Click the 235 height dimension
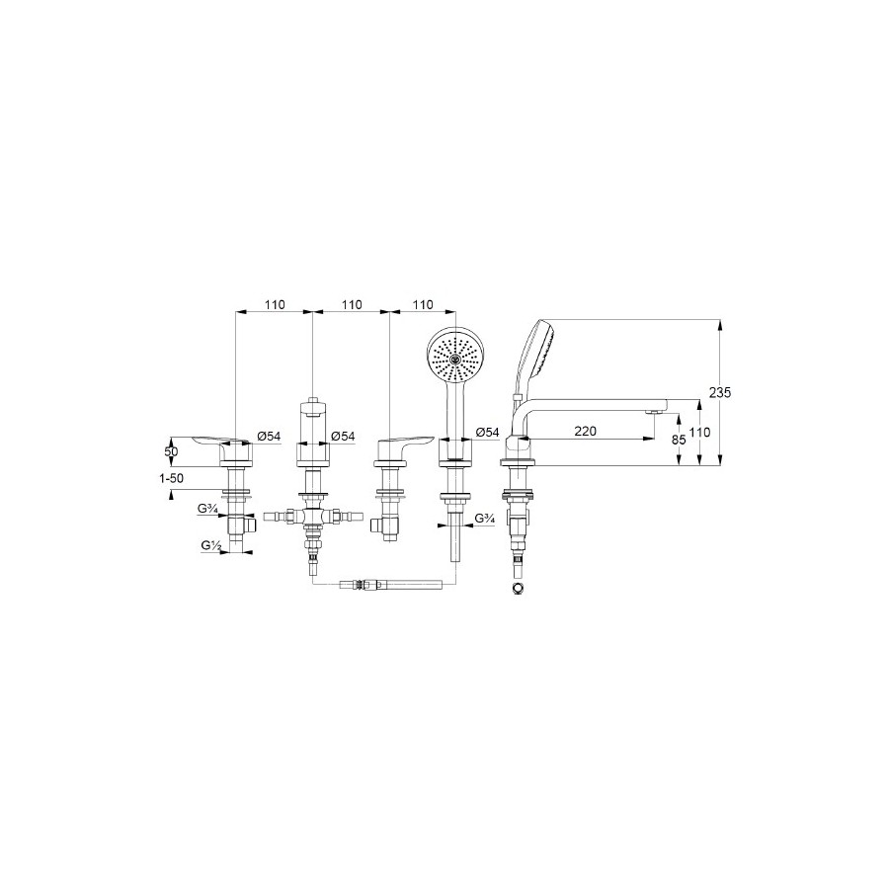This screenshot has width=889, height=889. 719,392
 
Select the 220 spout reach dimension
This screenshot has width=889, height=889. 585,431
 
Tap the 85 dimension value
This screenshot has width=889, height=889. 679,440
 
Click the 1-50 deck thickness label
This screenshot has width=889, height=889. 171,478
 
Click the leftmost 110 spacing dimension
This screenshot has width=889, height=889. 274,304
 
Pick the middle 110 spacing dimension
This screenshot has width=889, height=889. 352,304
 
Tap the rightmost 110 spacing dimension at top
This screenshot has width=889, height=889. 423,304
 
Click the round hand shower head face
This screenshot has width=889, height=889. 453,358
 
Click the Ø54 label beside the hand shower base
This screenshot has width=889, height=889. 488,432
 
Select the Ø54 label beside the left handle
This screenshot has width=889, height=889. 269,436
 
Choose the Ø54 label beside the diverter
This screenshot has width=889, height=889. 343,436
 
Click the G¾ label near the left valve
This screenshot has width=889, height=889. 207,509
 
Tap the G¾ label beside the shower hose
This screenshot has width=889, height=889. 484,518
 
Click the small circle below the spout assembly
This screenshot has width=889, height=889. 517,588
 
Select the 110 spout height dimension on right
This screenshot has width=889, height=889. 699,433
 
